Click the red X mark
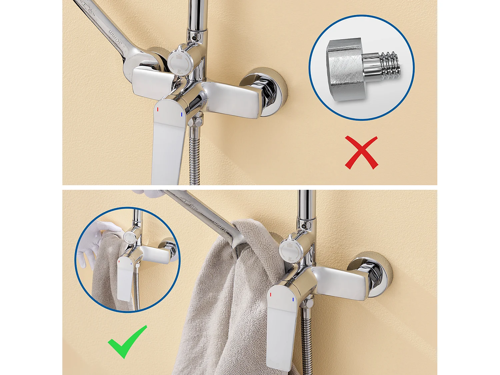pos(361,153)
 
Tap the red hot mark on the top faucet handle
pos(158,109)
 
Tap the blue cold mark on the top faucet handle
pos(182,114)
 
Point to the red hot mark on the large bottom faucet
pos(271,295)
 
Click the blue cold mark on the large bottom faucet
pos(293,300)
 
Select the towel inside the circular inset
pos(105,277)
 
